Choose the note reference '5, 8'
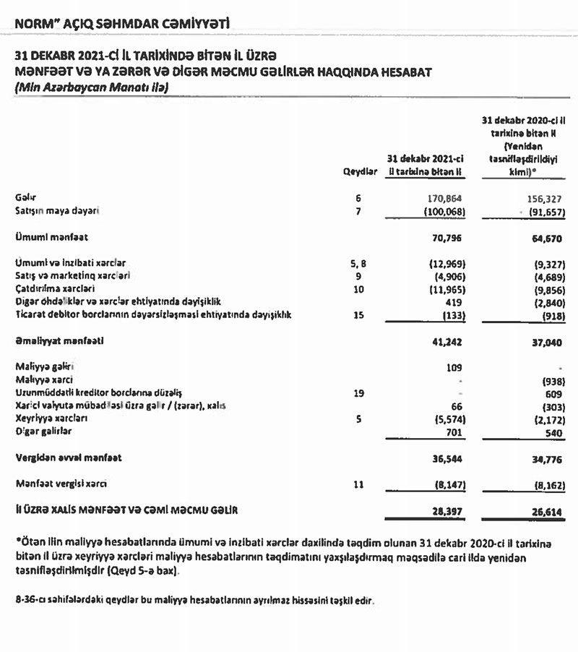click(x=358, y=264)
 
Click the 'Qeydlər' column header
click(x=359, y=171)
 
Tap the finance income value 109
click(x=454, y=367)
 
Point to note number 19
click(x=358, y=393)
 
